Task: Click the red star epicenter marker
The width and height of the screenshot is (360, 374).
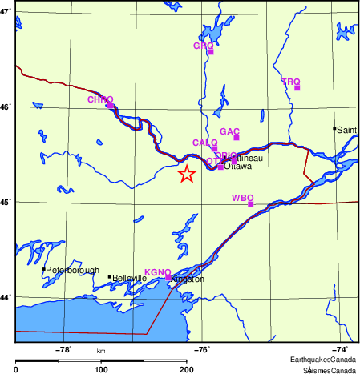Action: (186, 174)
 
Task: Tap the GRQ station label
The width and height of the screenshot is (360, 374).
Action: (203, 46)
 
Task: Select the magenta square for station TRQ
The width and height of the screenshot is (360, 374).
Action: (297, 87)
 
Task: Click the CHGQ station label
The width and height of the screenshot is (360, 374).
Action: (100, 99)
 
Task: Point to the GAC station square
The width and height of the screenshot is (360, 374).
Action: (237, 138)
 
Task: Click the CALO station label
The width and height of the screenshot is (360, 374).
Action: (204, 142)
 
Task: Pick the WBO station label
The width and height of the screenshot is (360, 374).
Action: (242, 197)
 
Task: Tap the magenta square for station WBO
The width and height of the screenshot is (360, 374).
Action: (251, 204)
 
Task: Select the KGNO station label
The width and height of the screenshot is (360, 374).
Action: (157, 272)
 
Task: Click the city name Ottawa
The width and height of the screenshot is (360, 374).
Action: (238, 167)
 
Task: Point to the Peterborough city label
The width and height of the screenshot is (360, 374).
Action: (72, 270)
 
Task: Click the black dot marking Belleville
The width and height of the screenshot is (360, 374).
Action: (110, 277)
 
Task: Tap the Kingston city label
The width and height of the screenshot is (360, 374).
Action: (189, 279)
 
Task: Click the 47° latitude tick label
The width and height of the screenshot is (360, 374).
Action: (6, 12)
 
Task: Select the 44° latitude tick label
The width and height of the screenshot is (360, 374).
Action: (6, 298)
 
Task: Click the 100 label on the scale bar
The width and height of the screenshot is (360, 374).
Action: (101, 369)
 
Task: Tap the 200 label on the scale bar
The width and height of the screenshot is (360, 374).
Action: (186, 369)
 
